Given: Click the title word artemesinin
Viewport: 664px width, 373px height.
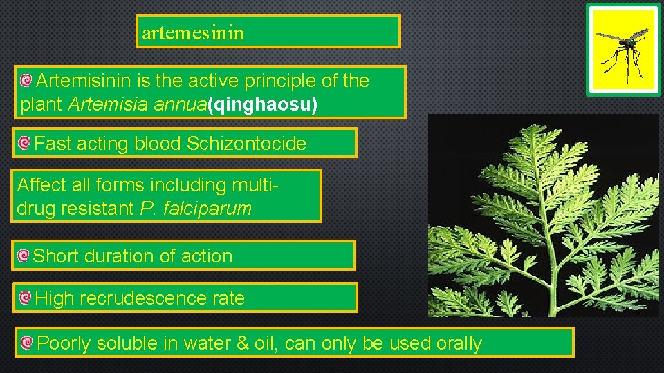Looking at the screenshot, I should [193, 32].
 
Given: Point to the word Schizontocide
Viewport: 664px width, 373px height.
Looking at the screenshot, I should [246, 144].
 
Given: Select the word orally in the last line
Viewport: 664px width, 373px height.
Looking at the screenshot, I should [459, 343].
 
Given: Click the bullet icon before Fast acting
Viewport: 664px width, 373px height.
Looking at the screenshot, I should [24, 144].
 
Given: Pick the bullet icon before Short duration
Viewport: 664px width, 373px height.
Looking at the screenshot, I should [24, 256].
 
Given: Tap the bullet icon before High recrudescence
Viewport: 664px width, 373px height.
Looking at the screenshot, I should [25, 298].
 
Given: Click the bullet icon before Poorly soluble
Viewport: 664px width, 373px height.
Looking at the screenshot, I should [26, 343].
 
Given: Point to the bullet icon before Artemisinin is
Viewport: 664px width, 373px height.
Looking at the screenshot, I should [26, 82].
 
